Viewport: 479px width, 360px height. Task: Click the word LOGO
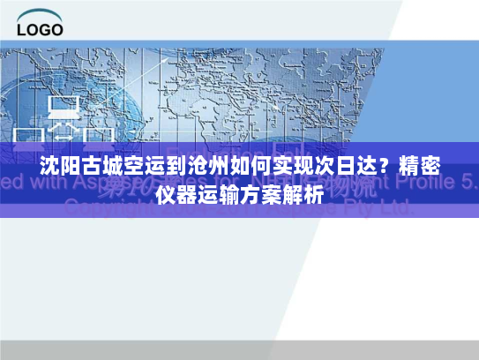click(40, 29)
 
